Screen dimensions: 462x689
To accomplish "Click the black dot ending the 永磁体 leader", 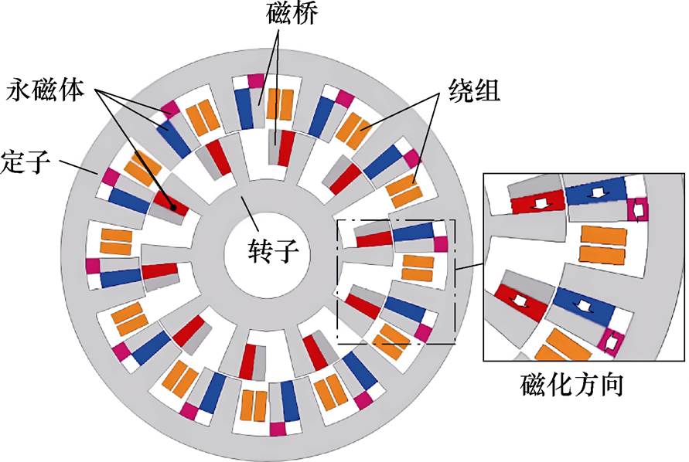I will click(x=174, y=207).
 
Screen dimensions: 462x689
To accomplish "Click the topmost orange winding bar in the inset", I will click(x=603, y=234).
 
